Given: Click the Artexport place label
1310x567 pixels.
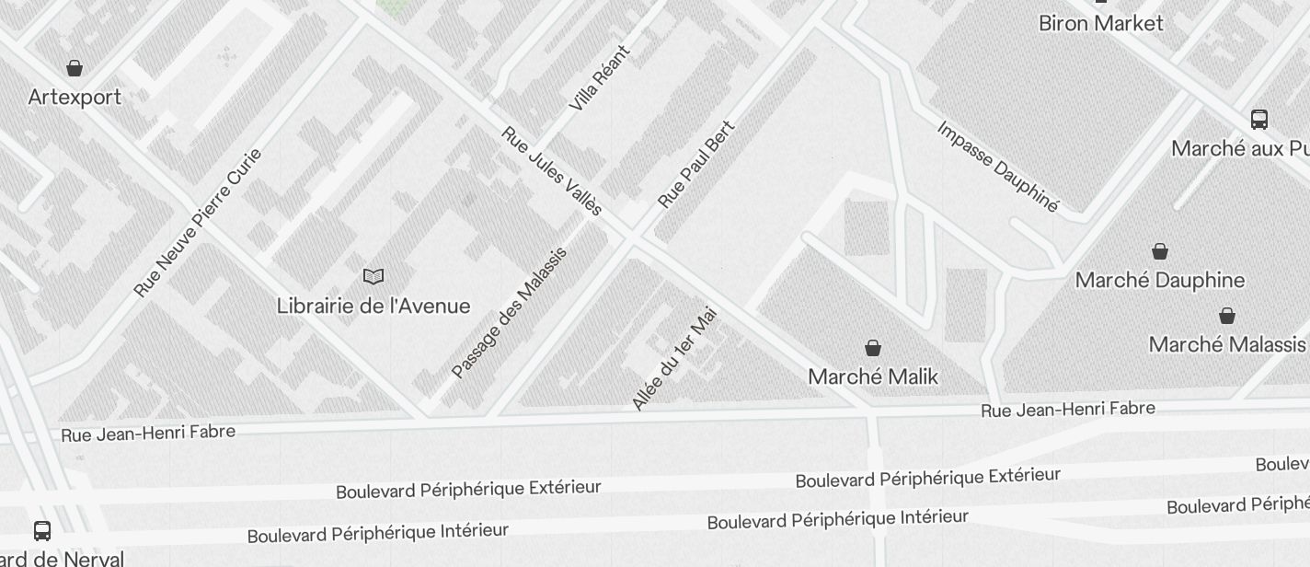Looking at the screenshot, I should pyautogui.click(x=75, y=97).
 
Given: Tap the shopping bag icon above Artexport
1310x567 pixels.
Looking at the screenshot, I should pyautogui.click(x=75, y=68).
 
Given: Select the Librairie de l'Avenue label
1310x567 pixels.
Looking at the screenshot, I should pyautogui.click(x=373, y=306).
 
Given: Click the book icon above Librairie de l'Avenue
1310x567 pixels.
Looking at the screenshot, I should pyautogui.click(x=373, y=276).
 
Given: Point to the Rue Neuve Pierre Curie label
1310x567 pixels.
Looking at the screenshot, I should pyautogui.click(x=199, y=222).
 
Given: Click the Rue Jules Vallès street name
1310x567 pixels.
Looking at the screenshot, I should pyautogui.click(x=552, y=172).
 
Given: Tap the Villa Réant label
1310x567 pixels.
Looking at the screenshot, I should pyautogui.click(x=600, y=78).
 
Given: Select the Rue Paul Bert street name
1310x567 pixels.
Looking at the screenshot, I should pyautogui.click(x=697, y=164).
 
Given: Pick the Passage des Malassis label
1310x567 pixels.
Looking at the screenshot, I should pyautogui.click(x=509, y=313).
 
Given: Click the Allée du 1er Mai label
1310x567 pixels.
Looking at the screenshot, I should pyautogui.click(x=674, y=359).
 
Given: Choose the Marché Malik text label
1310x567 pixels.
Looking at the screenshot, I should pyautogui.click(x=873, y=376).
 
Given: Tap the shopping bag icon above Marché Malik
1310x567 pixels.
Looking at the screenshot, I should pyautogui.click(x=873, y=348).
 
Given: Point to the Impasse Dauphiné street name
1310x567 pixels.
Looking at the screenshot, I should pyautogui.click(x=998, y=167).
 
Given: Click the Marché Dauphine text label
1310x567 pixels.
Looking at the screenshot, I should pyautogui.click(x=1160, y=280).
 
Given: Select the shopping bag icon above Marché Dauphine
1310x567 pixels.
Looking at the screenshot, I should pyautogui.click(x=1160, y=251).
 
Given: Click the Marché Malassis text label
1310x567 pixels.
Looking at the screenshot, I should pyautogui.click(x=1227, y=344).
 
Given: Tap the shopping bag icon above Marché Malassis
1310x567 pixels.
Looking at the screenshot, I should pyautogui.click(x=1227, y=317).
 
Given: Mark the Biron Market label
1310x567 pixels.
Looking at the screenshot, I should pyautogui.click(x=1101, y=23).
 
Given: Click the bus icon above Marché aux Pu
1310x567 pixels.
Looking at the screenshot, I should pyautogui.click(x=1259, y=119).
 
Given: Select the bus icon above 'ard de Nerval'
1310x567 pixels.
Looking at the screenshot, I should pyautogui.click(x=42, y=530).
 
